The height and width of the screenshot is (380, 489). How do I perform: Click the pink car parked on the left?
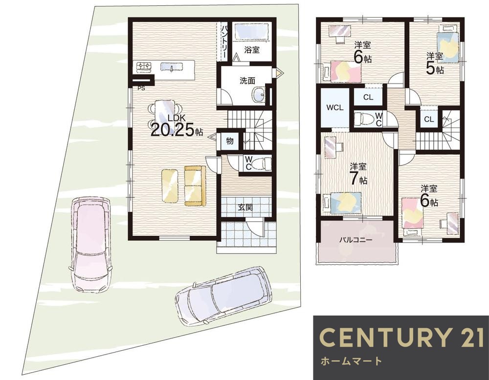tap(91, 245)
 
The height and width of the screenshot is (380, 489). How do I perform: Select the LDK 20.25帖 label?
tap(177, 126)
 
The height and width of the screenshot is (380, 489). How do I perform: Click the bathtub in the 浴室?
tap(251, 31)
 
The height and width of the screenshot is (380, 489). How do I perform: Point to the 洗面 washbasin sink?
tap(259, 94)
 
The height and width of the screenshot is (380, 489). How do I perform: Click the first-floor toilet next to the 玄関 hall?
tap(261, 164)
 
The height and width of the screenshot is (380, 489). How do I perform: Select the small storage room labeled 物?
tap(230, 141)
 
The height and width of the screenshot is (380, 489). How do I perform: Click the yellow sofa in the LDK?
tap(195, 186)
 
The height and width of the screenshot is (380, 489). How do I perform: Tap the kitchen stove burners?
tap(143, 67)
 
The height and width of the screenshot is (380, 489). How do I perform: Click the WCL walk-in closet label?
tap(335, 108)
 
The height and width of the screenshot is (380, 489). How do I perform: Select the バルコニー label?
tap(356, 240)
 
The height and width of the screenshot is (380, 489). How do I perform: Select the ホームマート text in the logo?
tap(351, 361)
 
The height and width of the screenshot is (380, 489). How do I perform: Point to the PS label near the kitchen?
tap(141, 88)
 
